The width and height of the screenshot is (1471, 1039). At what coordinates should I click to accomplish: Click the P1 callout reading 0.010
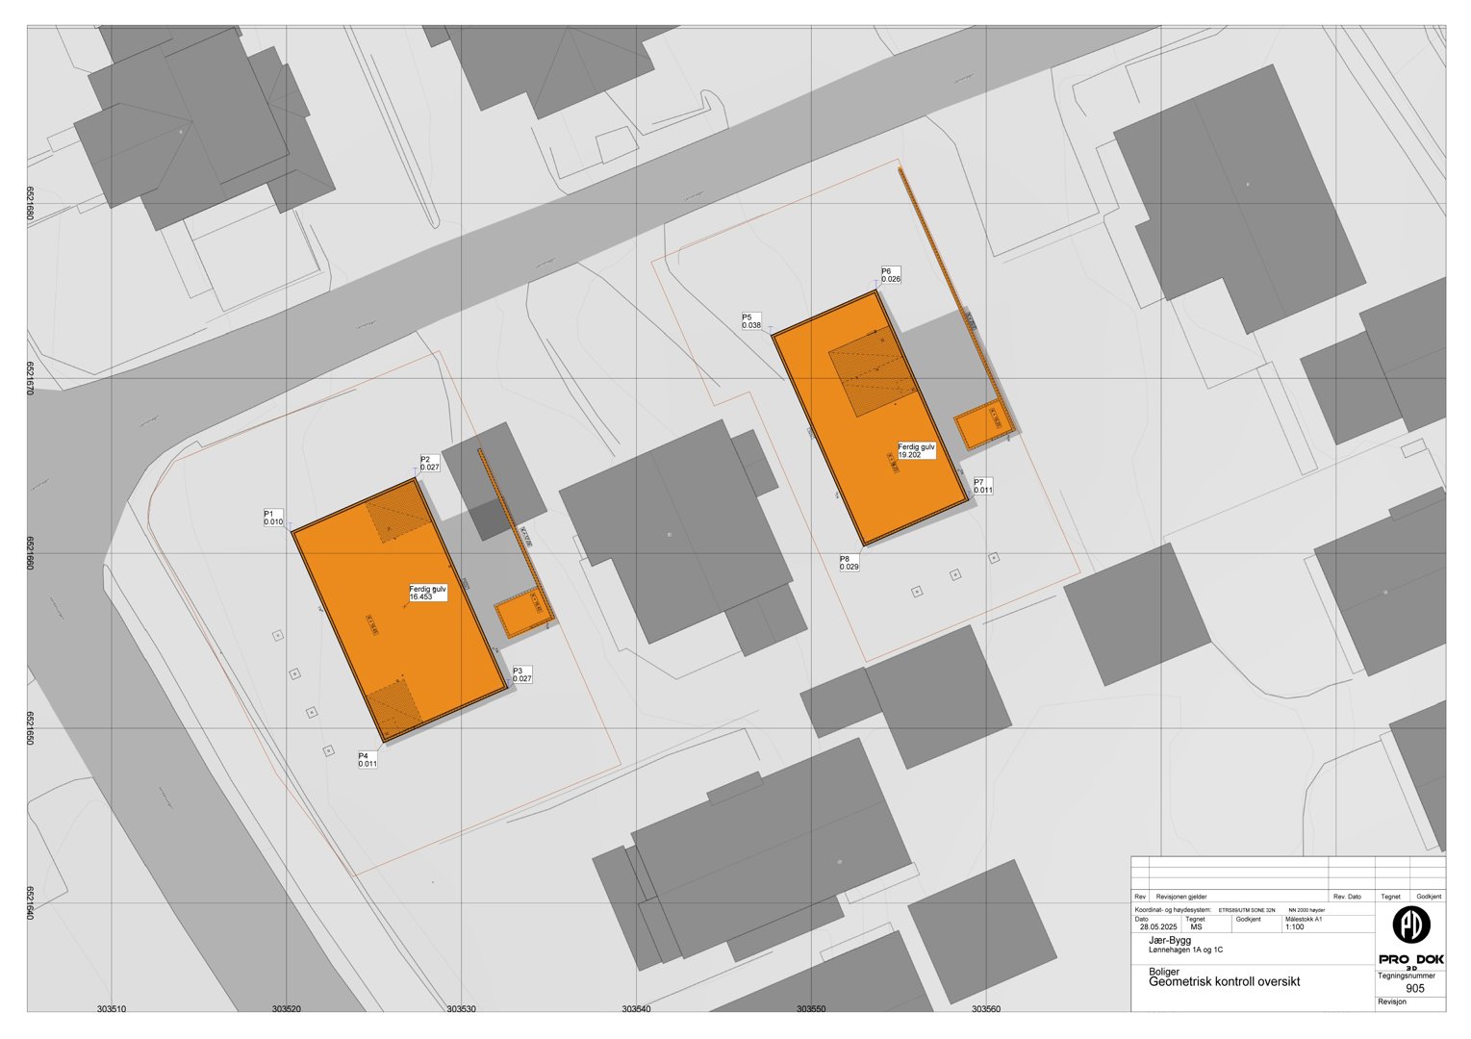tap(274, 518)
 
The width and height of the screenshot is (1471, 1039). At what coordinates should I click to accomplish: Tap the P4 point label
tap(368, 759)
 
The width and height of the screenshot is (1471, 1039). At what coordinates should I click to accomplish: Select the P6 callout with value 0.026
tap(891, 275)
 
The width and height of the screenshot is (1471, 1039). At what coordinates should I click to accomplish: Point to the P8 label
tap(850, 563)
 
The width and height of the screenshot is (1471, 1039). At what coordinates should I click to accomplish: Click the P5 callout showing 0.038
tap(751, 321)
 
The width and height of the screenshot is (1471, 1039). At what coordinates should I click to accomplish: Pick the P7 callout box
tap(982, 486)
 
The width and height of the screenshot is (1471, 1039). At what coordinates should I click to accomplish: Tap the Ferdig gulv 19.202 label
tap(917, 450)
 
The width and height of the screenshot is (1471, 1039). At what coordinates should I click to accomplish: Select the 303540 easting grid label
tap(636, 1009)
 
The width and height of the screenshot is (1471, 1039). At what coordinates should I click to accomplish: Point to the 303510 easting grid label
tap(112, 1009)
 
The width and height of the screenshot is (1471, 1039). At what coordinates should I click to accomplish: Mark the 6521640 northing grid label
tap(32, 903)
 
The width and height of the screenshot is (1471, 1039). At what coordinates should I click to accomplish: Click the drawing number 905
tap(1414, 988)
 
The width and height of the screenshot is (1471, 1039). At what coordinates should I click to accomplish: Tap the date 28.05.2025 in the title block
tap(1158, 926)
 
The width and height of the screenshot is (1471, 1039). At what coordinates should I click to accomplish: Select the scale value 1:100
tap(1295, 926)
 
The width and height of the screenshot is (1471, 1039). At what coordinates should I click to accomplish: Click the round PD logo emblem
tap(1411, 925)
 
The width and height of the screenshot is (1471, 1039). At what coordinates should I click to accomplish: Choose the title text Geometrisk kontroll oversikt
tap(1224, 981)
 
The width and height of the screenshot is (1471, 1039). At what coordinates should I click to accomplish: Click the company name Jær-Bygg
tap(1170, 940)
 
